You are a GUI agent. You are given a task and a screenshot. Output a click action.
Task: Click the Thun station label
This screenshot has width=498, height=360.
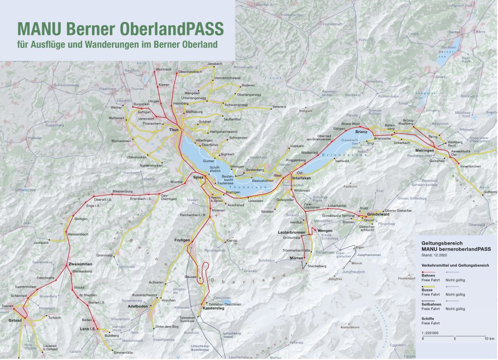click(174, 130)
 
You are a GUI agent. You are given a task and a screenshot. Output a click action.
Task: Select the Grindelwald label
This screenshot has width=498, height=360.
click(378, 215)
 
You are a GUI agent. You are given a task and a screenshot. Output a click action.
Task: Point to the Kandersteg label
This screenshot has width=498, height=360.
click(213, 308)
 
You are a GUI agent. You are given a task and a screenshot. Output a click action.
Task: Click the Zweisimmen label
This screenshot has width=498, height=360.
click(74, 264)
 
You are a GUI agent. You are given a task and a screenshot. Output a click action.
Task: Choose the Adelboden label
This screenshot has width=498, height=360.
click(138, 307)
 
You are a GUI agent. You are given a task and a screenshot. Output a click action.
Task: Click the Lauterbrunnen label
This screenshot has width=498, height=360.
click(291, 233)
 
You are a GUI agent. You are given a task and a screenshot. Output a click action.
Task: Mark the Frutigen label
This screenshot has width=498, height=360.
click(182, 240)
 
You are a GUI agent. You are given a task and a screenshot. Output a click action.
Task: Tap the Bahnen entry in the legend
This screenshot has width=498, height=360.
click(428, 275)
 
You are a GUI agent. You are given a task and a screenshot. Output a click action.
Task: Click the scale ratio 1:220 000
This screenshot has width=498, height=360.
click(430, 332)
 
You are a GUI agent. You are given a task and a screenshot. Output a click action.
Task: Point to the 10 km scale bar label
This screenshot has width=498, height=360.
click(489, 338)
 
